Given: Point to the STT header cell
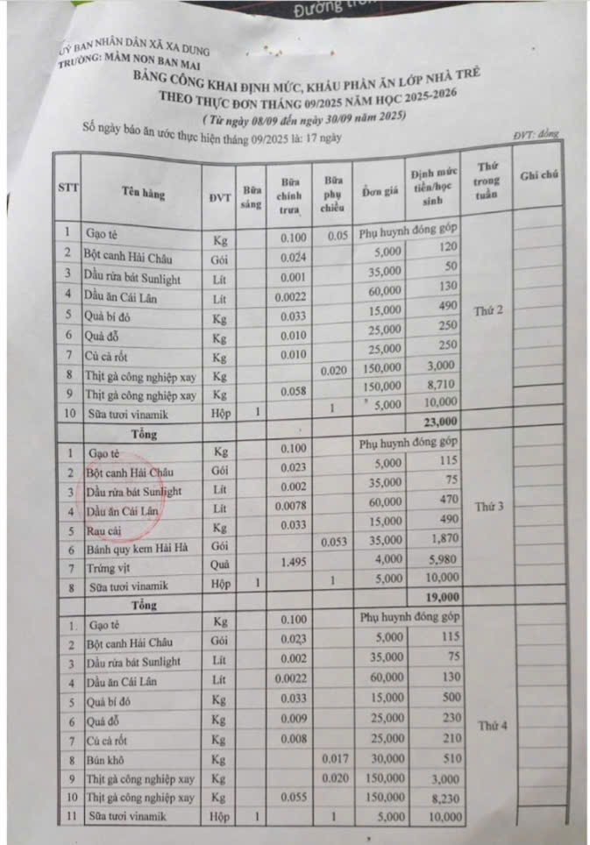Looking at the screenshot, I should tap(68, 188).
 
